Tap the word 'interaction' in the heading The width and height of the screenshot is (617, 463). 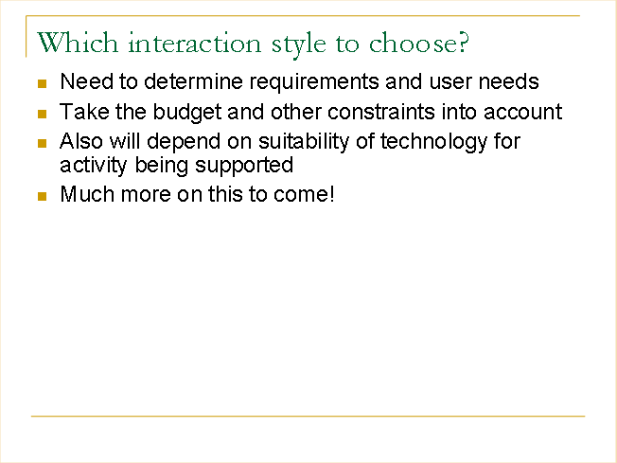[x=194, y=43]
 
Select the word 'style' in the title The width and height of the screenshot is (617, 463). [x=299, y=45]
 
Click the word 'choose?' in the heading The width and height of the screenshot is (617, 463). [x=419, y=43]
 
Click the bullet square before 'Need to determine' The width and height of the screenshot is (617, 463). [x=42, y=83]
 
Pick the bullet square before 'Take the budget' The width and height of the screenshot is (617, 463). [x=42, y=114]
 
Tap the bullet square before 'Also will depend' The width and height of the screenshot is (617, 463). [x=42, y=143]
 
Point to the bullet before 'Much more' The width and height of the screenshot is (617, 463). [x=42, y=196]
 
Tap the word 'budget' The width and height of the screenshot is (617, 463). [x=187, y=113]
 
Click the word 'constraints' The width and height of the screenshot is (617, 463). [x=381, y=112]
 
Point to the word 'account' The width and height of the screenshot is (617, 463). [x=522, y=113]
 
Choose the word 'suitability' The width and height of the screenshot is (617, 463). [x=304, y=142]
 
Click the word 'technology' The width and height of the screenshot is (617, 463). [x=434, y=142]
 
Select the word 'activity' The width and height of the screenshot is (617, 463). [x=94, y=166]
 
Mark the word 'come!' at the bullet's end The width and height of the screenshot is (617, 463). [x=304, y=194]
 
